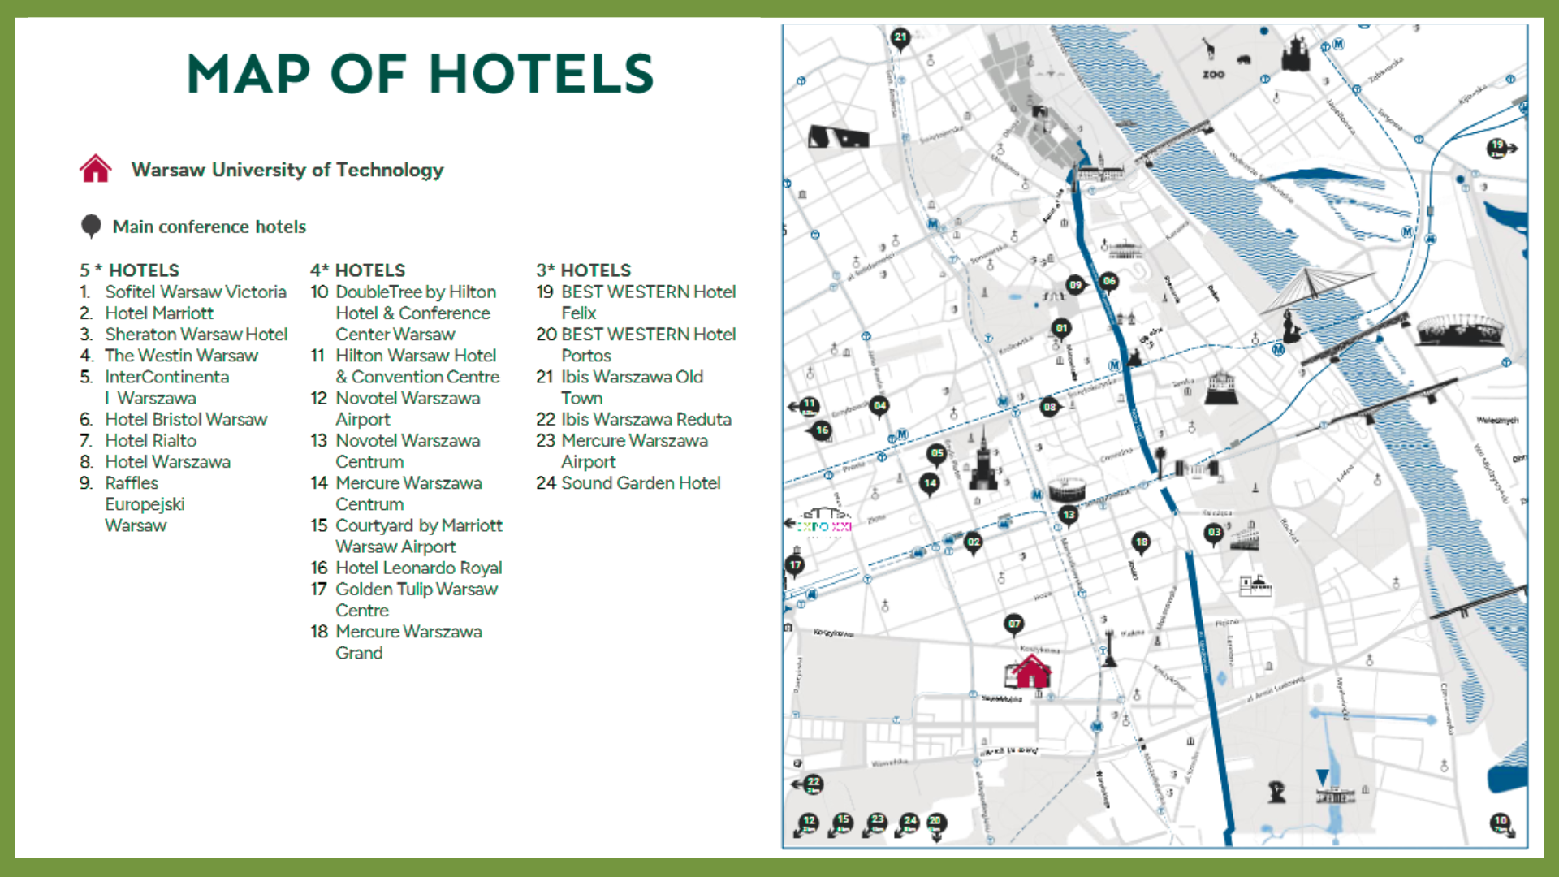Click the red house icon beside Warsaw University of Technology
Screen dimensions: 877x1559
(95, 169)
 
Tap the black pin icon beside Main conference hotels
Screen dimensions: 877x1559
(91, 226)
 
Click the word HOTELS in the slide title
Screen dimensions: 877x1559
(541, 74)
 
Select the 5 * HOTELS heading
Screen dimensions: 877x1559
(129, 270)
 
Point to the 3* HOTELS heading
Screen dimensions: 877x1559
(583, 270)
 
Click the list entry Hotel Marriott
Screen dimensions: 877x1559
(158, 313)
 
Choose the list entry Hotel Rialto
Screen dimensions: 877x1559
(150, 440)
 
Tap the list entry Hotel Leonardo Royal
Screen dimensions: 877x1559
(418, 568)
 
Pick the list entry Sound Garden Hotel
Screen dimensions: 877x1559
(640, 483)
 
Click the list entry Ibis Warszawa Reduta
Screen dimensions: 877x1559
(646, 419)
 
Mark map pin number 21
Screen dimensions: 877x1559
(900, 37)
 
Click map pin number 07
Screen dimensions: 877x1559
(1013, 624)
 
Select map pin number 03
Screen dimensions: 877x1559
(1214, 534)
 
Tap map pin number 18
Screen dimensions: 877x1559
(1142, 542)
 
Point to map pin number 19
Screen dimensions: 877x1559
(1497, 147)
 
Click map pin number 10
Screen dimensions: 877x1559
(1500, 822)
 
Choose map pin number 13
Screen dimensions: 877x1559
(1069, 515)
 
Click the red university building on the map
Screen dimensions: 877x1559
(1030, 672)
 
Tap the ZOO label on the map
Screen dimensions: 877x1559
(1213, 75)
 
